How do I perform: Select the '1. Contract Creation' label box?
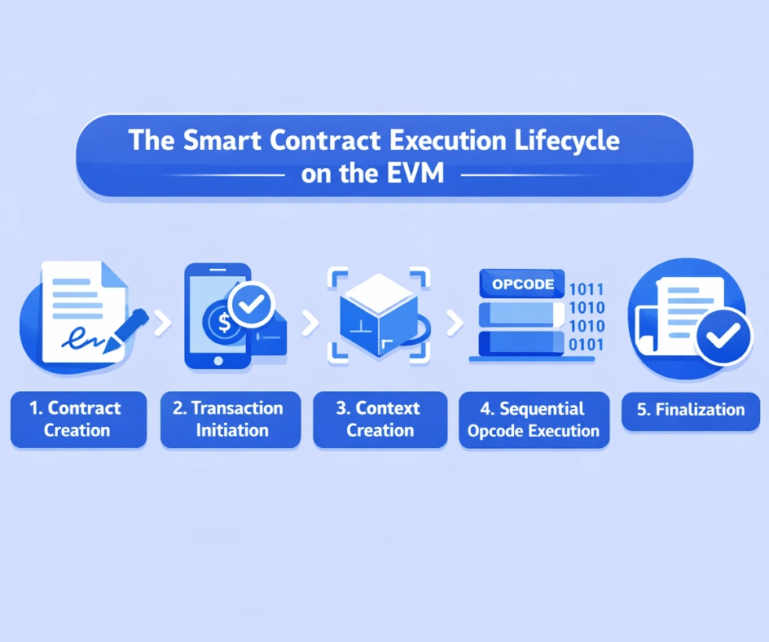[78, 420]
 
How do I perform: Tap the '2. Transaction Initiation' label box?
[231, 420]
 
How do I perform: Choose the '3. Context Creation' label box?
[380, 420]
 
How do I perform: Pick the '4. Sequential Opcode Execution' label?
[534, 420]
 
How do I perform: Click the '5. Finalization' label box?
[691, 410]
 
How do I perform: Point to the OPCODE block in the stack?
[522, 284]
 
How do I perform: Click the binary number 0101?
[587, 345]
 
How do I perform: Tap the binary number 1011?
[587, 289]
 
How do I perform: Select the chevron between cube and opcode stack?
[455, 323]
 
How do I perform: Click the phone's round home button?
[217, 359]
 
